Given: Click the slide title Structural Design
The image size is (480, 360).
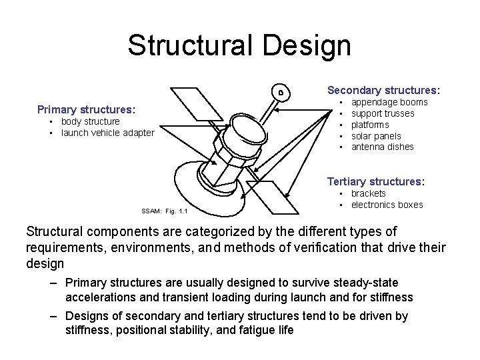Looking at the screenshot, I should coord(239,46).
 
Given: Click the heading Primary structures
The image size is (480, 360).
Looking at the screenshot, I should coord(86,109).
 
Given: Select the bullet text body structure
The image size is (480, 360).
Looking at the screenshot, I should coord(90,121).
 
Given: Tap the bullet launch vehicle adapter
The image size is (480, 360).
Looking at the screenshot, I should coord(107,133).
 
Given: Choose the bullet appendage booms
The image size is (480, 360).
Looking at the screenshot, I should coord(389,103).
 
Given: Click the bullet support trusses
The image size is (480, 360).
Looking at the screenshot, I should coord(383,113).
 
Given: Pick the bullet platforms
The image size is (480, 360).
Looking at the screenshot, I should coord(371,125).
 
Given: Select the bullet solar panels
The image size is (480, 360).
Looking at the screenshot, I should coord(376,136).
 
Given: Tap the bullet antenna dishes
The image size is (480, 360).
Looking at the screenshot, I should coord(382,147).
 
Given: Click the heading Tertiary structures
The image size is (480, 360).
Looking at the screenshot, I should coord(375,181).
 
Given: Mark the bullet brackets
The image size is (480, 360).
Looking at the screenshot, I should coord(368,193).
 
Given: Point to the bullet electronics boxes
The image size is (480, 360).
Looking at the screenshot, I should coord(387,205).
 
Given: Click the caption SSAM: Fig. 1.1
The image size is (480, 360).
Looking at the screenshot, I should coord(164,212).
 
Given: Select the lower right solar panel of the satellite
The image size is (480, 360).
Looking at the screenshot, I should coord(270,190).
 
